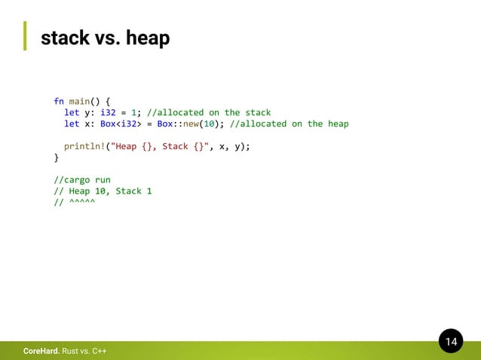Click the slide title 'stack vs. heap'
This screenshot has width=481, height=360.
(x=105, y=37)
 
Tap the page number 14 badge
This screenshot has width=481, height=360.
(x=451, y=343)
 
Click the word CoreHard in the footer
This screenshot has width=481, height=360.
(x=41, y=352)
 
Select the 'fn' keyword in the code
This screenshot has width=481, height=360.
(x=59, y=101)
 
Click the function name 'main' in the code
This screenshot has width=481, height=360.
(x=79, y=101)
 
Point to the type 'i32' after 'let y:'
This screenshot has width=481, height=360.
(x=108, y=112)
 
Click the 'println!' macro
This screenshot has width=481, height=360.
(x=84, y=146)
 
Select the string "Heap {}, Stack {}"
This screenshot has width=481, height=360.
(x=157, y=146)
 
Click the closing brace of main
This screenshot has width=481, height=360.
(x=56, y=157)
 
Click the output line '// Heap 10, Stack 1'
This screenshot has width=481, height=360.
(x=103, y=191)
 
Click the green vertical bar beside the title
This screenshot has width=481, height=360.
(x=24, y=35)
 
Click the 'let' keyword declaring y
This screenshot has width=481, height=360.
(x=72, y=112)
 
